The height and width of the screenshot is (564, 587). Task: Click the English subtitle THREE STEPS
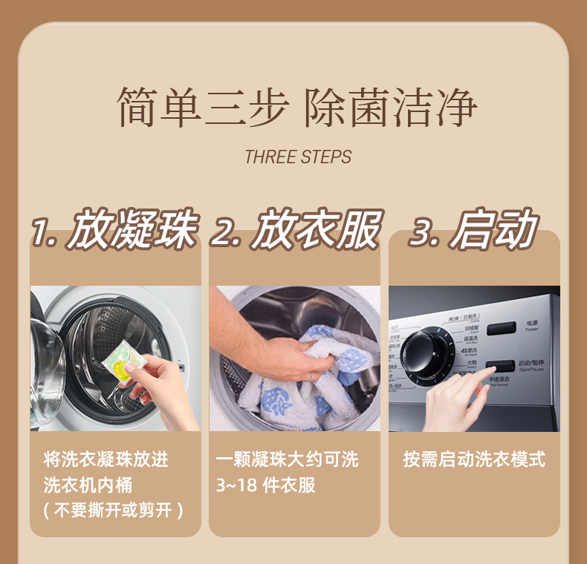click(298, 157)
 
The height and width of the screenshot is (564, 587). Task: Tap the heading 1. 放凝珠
click(114, 230)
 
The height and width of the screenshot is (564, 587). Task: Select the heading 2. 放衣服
click(295, 230)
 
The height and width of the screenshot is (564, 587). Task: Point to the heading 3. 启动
click(473, 230)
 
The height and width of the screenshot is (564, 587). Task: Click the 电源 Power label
click(531, 326)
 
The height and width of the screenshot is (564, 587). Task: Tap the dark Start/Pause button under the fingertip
click(499, 366)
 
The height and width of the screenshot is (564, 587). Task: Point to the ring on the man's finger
click(311, 376)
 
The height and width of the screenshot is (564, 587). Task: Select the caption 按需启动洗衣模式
click(474, 459)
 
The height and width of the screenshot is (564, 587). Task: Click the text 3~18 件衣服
click(265, 485)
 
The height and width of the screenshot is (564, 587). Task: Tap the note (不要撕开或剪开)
click(113, 511)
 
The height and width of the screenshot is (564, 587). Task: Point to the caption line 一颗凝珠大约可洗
click(287, 459)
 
